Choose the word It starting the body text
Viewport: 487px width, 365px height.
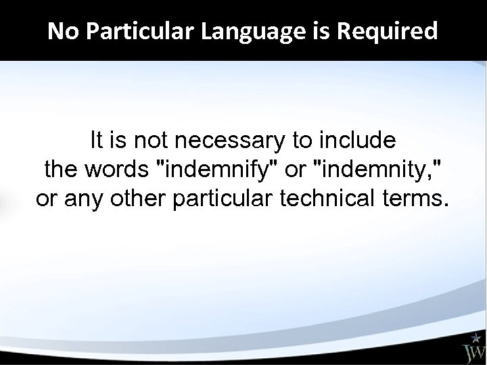(97, 141)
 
